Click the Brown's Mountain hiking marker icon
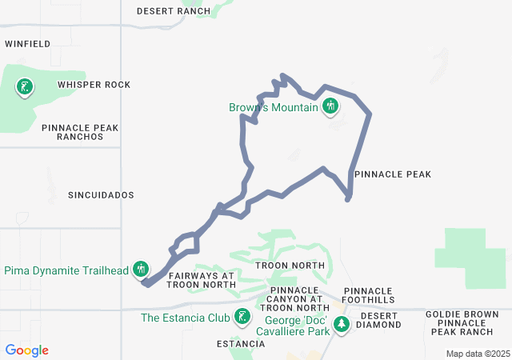331,106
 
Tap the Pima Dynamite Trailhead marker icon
142,270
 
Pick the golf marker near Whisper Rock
26,87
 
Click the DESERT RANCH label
174,11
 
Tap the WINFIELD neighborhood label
28,43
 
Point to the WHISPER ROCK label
94,85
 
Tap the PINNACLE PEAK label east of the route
392,174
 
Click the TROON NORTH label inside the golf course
290,265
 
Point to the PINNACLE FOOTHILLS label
369,295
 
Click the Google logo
26,350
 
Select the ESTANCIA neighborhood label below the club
241,344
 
